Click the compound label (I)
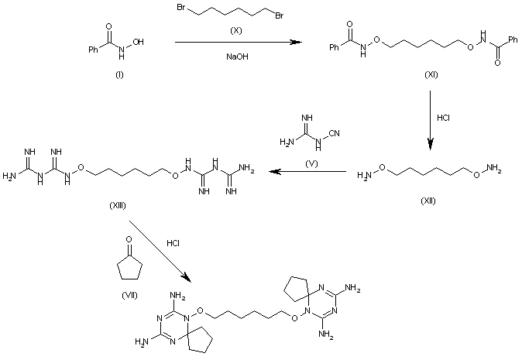click(x=119, y=75)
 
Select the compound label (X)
click(x=236, y=31)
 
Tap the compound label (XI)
click(x=431, y=75)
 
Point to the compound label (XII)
click(x=428, y=201)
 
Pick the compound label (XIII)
click(x=118, y=206)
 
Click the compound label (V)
click(x=311, y=163)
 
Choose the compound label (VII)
click(x=129, y=295)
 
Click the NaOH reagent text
click(x=237, y=57)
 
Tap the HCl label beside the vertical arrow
click(x=443, y=118)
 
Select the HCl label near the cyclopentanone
click(x=173, y=243)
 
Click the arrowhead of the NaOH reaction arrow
click(x=296, y=43)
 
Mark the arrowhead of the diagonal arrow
click(x=187, y=278)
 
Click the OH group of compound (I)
click(x=138, y=42)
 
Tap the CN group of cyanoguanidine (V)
click(x=335, y=133)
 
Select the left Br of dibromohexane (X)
click(x=180, y=7)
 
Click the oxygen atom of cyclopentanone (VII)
click(x=129, y=239)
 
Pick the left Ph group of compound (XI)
click(x=335, y=47)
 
